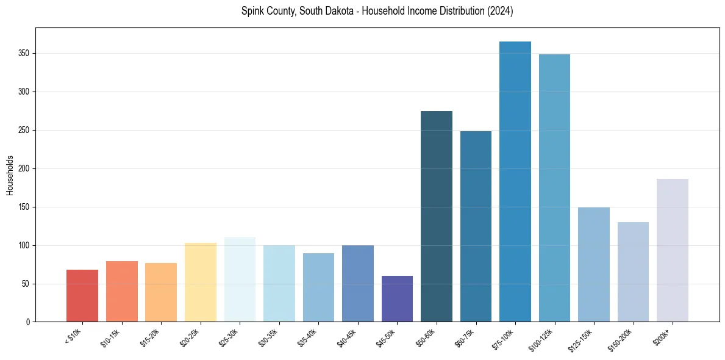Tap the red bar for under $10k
click(x=82, y=296)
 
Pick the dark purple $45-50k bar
click(x=397, y=299)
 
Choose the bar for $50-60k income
click(x=437, y=217)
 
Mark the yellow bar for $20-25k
click(x=201, y=283)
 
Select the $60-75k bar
click(x=476, y=226)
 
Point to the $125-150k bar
click(x=594, y=265)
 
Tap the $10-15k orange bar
click(x=122, y=292)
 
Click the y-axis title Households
click(x=10, y=175)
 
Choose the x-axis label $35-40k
click(x=311, y=338)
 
